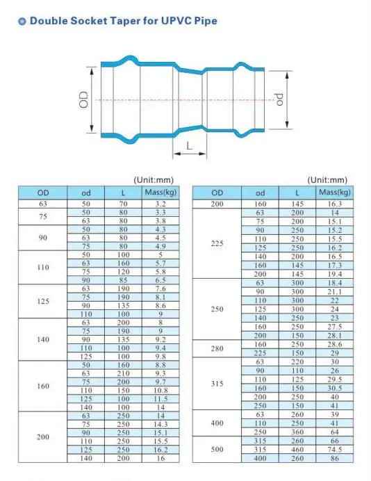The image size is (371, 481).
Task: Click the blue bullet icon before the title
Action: click(x=22, y=22)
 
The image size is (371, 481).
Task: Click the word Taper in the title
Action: click(x=124, y=22)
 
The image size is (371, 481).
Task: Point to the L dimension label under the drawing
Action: click(x=188, y=145)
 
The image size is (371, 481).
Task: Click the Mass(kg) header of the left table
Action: click(x=160, y=193)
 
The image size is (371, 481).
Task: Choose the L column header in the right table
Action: click(x=297, y=193)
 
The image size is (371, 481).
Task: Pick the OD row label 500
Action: click(x=217, y=450)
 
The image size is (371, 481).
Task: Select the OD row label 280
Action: click(x=217, y=348)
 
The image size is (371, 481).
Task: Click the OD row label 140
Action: click(x=43, y=340)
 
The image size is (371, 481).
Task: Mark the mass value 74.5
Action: click(x=335, y=450)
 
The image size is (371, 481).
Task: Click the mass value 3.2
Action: click(x=160, y=204)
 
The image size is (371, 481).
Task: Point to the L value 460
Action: click(x=297, y=450)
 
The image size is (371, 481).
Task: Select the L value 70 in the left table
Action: click(x=123, y=204)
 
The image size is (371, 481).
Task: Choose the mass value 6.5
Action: click(x=160, y=280)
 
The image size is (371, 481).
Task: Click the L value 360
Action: click(x=297, y=432)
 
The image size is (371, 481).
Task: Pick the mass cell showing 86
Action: click(x=335, y=458)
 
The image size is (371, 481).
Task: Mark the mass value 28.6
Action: click(x=335, y=344)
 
